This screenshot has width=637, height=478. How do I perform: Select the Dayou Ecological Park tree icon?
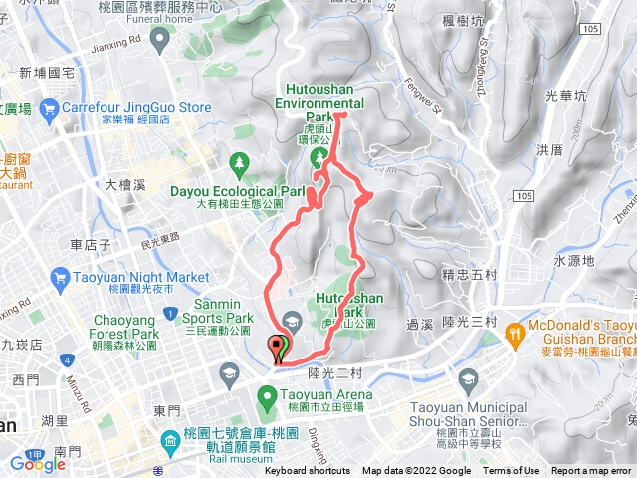pyautogui.click(x=238, y=161)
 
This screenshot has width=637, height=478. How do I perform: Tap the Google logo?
pyautogui.click(x=37, y=463)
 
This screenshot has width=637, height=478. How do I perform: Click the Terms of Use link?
pyautogui.click(x=511, y=471)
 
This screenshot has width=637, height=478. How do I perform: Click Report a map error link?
pyautogui.click(x=592, y=471)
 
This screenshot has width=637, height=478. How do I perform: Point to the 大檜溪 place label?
pyautogui.click(x=125, y=185)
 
